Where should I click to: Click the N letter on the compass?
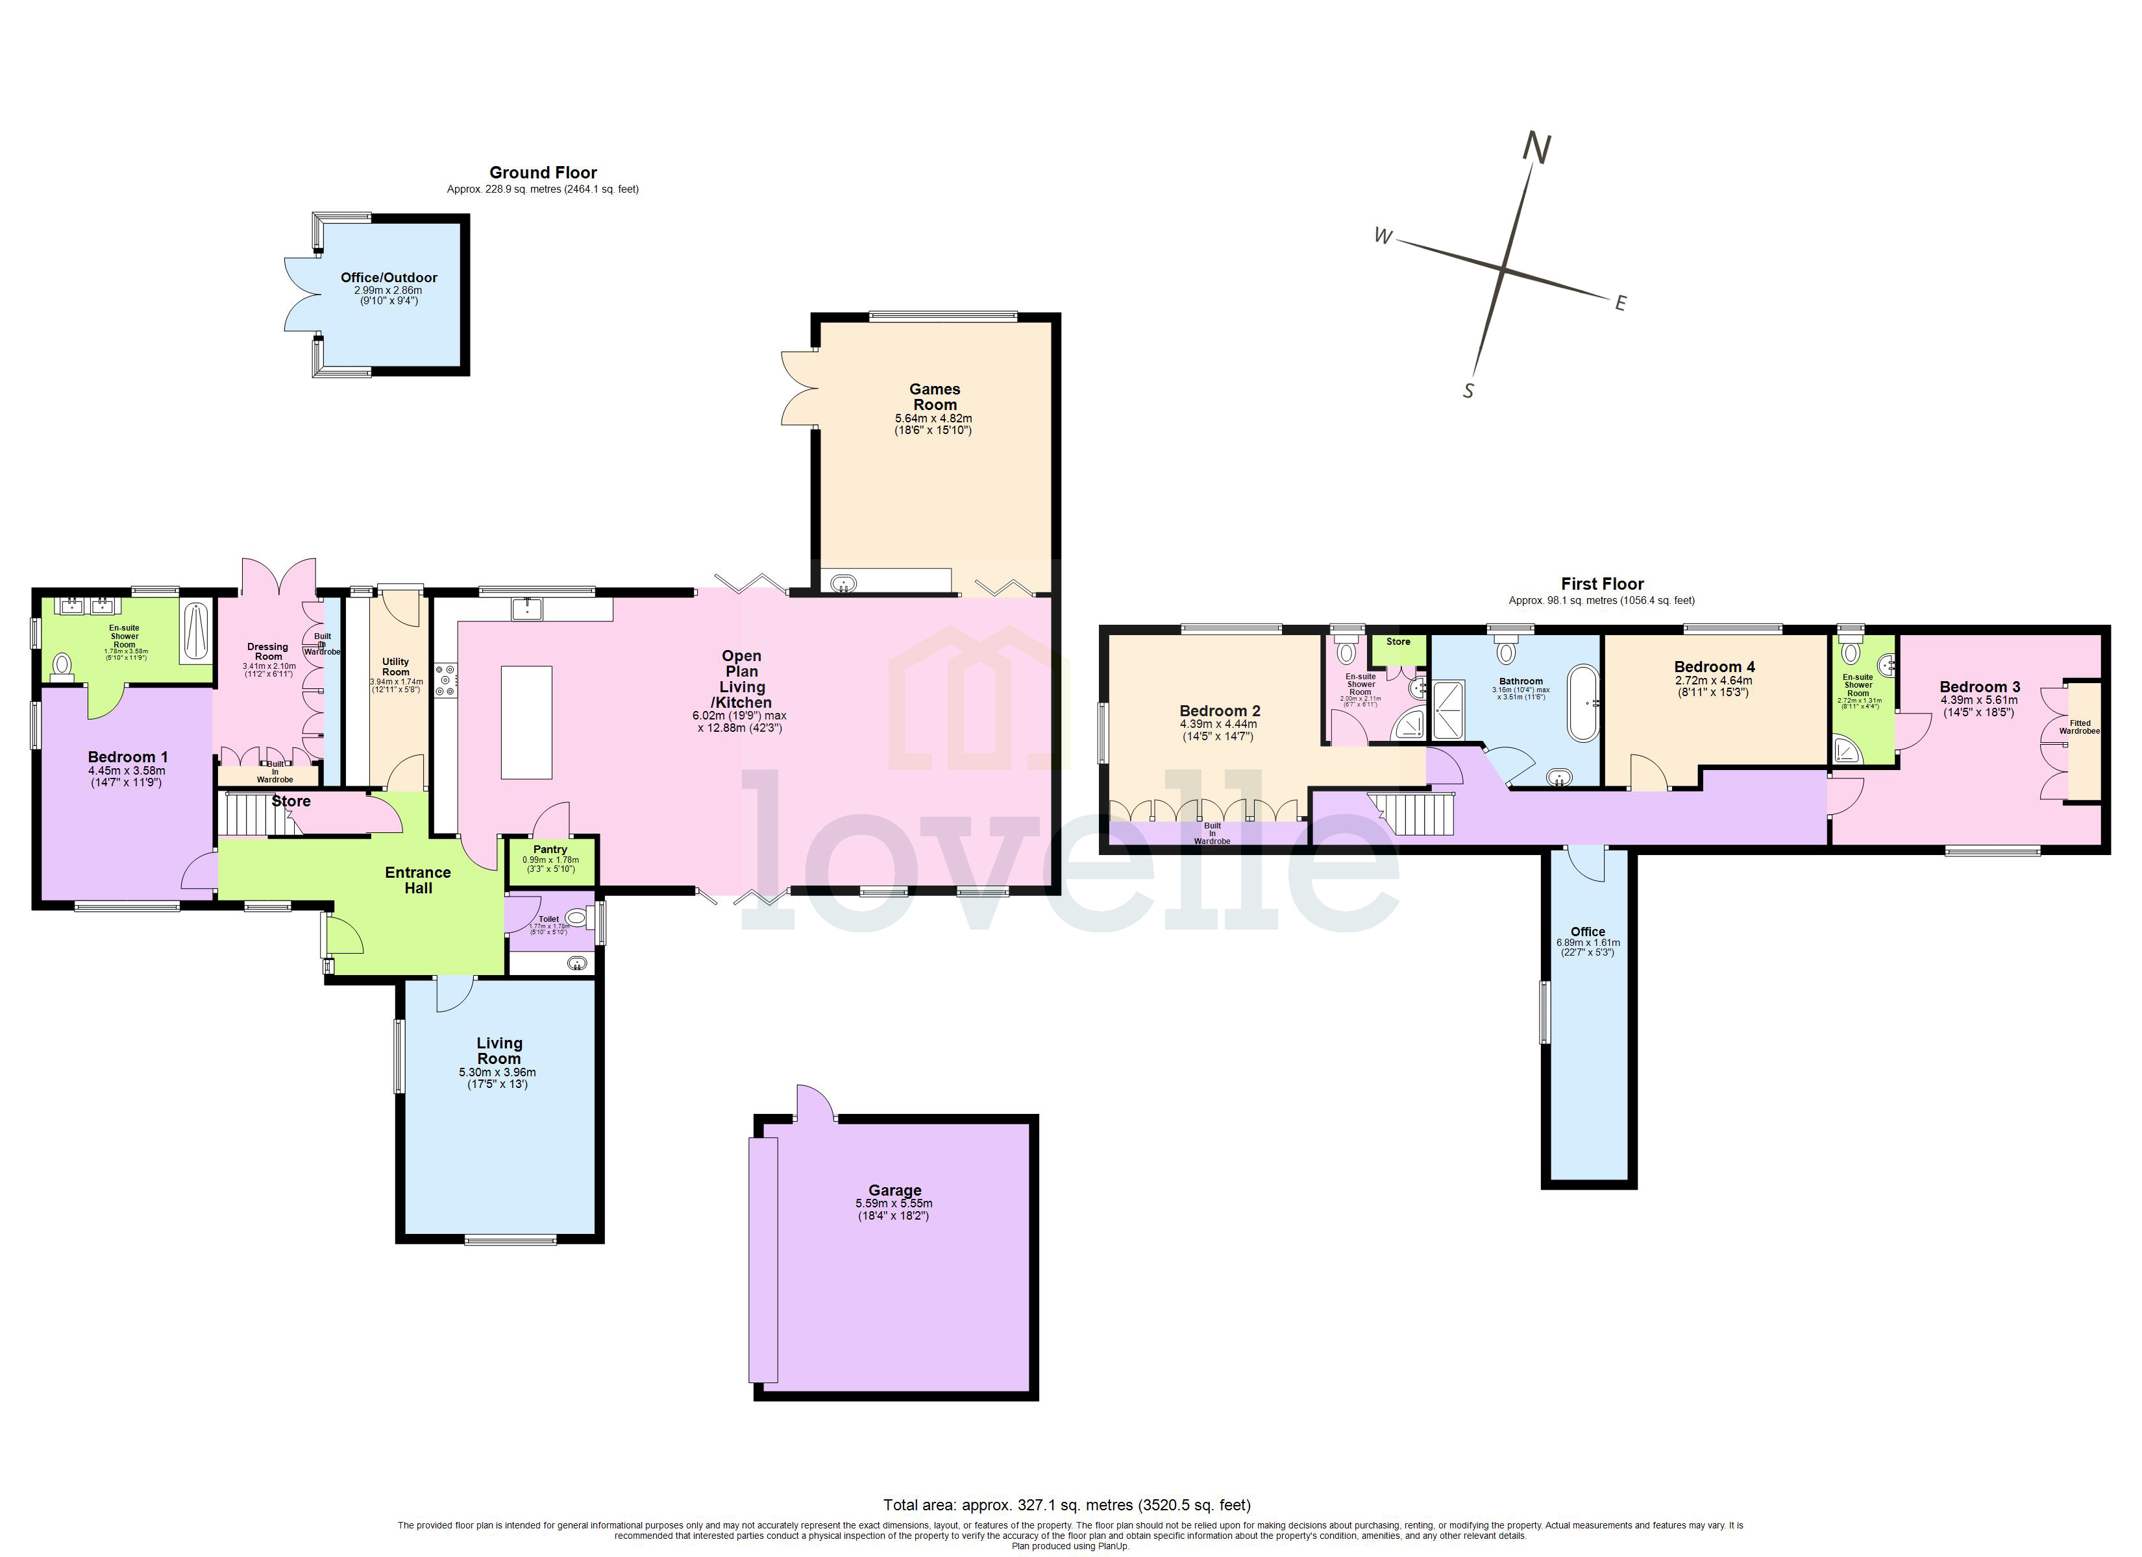click(1536, 149)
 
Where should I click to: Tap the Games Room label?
click(934, 396)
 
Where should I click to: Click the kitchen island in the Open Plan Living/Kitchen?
click(526, 721)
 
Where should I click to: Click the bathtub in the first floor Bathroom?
click(1583, 703)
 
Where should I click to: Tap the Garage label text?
click(894, 1190)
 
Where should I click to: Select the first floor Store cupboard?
click(1397, 647)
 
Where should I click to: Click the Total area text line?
click(1066, 1505)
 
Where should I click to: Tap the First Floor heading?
click(1602, 583)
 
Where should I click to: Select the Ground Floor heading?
click(543, 172)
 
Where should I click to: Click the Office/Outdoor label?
click(389, 278)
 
